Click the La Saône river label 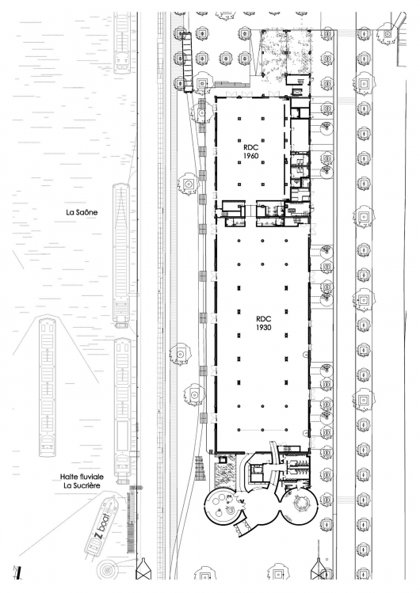82,212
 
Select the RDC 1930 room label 263,323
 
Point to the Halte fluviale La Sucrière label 82,481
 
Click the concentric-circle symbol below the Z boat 107,569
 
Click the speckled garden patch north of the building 286,54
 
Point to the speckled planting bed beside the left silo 225,472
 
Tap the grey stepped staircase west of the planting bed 200,469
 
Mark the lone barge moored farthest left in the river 47,388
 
